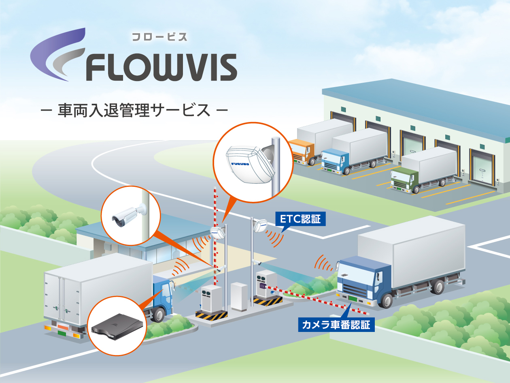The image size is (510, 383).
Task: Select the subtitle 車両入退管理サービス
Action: pyautogui.click(x=134, y=110)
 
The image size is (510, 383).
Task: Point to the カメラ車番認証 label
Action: pyautogui.click(x=336, y=325)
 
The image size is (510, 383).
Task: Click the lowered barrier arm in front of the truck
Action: pyautogui.click(x=316, y=298)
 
